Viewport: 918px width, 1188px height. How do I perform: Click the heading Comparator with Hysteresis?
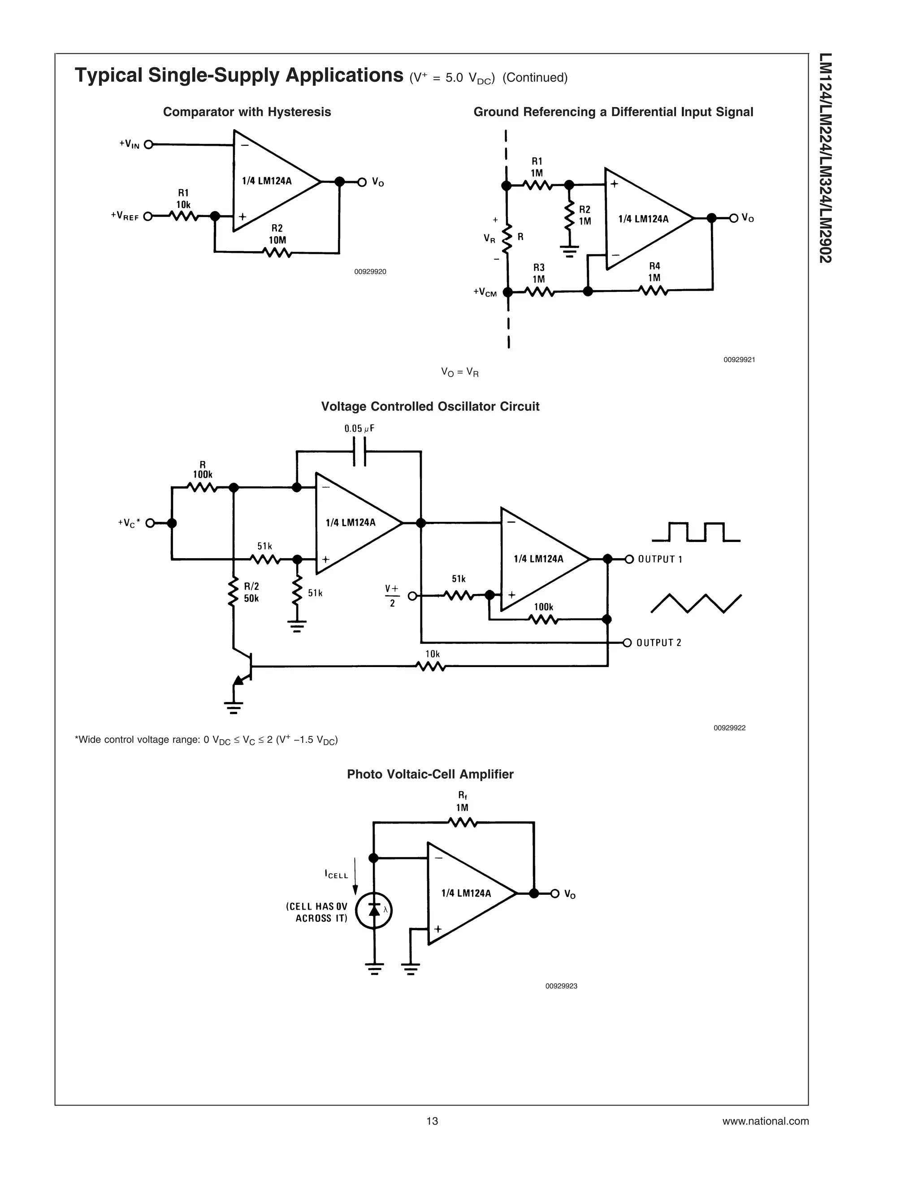pos(247,112)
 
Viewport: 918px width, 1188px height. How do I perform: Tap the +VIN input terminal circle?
pos(148,145)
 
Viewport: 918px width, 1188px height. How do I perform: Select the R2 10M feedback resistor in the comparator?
pos(277,252)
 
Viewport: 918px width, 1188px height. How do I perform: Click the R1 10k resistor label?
pos(183,199)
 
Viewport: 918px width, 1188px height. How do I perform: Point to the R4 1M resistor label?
pos(654,272)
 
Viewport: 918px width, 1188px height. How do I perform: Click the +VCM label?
pos(485,292)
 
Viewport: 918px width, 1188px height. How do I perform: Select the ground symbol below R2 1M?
pos(569,251)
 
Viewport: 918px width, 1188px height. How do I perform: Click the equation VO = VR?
pos(459,373)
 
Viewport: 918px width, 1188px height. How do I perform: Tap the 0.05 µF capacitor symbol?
pos(359,451)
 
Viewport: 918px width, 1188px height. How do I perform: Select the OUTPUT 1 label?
pos(660,559)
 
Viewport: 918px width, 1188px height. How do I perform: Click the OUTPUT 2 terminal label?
pos(658,643)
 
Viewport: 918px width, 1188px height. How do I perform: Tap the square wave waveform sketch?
pos(696,532)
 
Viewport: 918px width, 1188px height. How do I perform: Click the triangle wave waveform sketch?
pos(696,603)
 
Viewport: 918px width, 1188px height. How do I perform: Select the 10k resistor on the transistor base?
pos(431,666)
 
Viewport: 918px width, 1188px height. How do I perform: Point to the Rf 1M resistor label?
pos(462,802)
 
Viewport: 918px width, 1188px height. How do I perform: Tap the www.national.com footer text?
pos(765,1121)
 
